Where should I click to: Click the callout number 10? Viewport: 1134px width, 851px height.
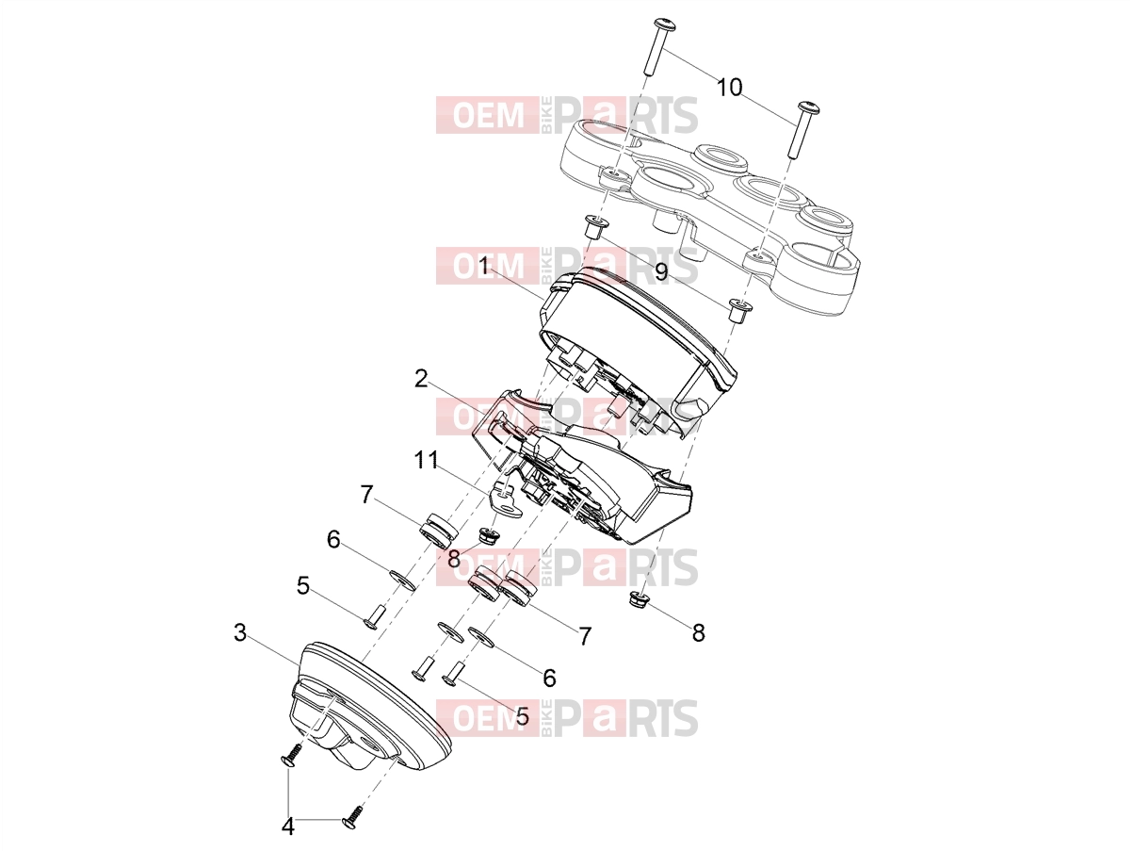[729, 88]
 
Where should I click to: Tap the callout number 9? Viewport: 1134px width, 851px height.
[661, 271]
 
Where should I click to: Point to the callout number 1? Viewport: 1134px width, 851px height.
[483, 267]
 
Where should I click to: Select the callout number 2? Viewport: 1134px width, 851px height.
[421, 379]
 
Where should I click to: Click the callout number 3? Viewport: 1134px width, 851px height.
[240, 632]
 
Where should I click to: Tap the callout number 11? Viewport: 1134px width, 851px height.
[427, 460]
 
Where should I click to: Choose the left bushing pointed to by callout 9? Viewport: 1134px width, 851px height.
[596, 227]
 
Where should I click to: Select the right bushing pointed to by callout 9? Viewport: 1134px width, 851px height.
[738, 311]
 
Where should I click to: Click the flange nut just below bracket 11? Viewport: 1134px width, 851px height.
[487, 535]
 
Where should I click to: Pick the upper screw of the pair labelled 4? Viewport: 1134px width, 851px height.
[292, 758]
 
